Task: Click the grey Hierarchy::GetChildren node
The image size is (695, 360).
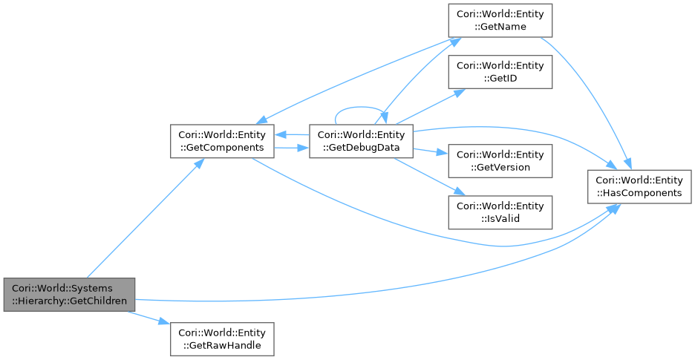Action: click(x=70, y=295)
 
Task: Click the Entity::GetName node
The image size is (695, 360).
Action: click(x=500, y=20)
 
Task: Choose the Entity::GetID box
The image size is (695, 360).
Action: click(x=500, y=71)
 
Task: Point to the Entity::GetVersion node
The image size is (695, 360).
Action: click(x=500, y=160)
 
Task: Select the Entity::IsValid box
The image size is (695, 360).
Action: click(x=500, y=212)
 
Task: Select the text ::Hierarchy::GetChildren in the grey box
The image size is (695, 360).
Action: click(x=70, y=301)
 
